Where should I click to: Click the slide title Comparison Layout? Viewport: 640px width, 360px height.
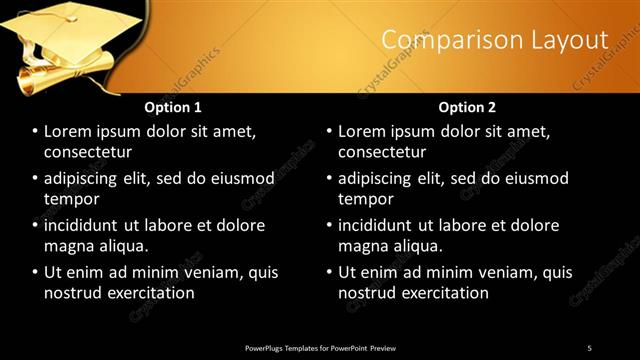(x=495, y=40)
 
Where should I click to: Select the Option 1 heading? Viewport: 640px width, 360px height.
(x=173, y=107)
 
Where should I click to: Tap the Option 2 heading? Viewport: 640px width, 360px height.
(x=467, y=107)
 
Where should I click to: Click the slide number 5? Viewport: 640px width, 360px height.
(x=589, y=348)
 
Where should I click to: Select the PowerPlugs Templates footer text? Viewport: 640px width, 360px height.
(x=320, y=348)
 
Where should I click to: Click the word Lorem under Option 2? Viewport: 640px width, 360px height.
(x=363, y=131)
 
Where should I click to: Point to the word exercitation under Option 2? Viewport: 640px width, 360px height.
(x=445, y=293)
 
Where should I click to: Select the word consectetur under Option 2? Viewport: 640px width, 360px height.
(x=382, y=152)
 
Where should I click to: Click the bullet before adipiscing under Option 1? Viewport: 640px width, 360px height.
(x=35, y=179)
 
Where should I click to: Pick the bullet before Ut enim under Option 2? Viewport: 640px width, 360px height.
(x=329, y=272)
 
